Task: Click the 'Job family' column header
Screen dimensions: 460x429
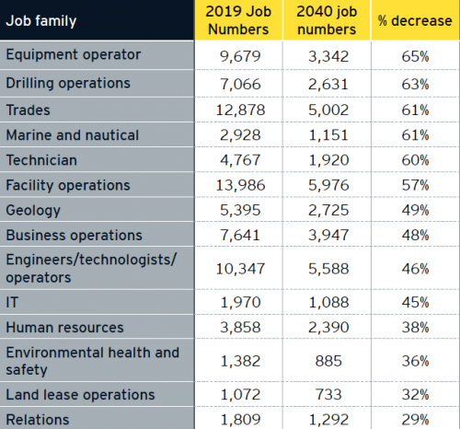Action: point(41,21)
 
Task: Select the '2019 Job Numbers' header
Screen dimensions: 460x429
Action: point(238,20)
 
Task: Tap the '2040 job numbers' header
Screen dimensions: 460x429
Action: point(327,20)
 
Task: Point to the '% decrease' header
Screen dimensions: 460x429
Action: point(415,21)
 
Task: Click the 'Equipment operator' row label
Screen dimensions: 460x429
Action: point(74,55)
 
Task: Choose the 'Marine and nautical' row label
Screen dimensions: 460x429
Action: point(73,135)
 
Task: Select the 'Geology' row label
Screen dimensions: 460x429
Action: point(33,211)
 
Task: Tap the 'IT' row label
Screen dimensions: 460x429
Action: point(12,302)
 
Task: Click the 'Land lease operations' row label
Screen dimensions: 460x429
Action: point(80,395)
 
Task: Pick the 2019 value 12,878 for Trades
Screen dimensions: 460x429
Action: point(240,110)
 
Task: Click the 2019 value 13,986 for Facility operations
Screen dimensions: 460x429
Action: point(240,185)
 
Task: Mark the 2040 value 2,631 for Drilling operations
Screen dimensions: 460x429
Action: point(328,85)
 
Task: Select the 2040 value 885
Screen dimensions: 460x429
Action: point(328,361)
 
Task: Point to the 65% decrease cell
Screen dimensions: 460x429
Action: point(415,56)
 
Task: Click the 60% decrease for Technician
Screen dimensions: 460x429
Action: point(415,160)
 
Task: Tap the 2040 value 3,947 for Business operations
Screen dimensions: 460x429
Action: point(328,236)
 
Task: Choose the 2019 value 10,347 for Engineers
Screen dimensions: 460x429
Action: point(240,269)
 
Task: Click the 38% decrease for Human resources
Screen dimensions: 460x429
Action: point(415,328)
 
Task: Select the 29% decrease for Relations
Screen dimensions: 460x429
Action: point(415,420)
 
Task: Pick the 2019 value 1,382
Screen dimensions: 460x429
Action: point(240,361)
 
